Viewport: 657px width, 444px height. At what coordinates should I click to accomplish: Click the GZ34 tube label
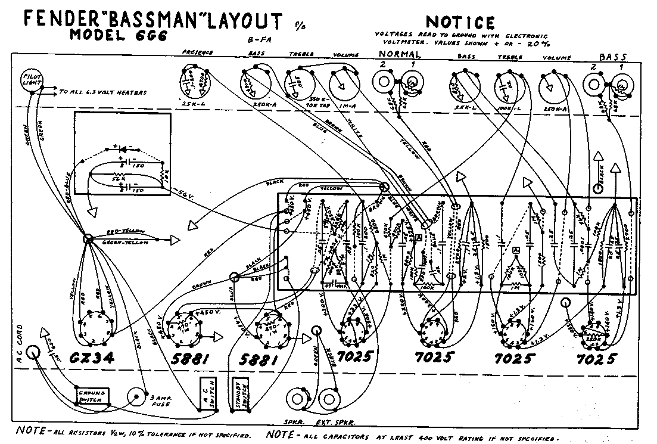(99, 358)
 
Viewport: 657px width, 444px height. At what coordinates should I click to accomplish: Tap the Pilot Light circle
(30, 79)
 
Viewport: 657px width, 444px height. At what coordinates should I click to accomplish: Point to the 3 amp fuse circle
(137, 396)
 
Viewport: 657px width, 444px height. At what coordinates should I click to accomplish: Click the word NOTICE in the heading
(460, 23)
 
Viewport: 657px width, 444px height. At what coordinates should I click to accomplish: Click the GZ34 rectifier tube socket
(95, 326)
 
